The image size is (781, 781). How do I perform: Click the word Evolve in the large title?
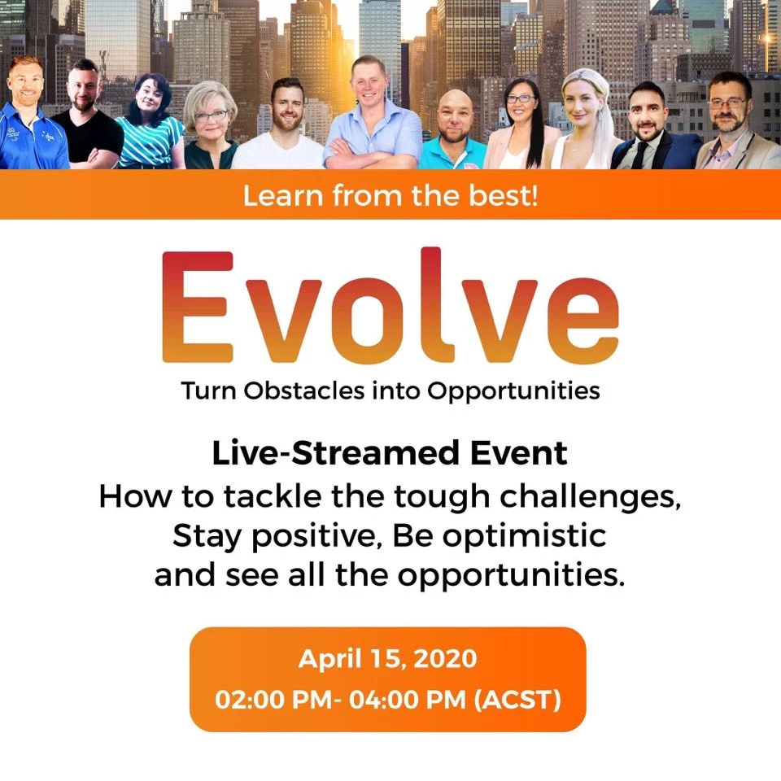[x=390, y=305]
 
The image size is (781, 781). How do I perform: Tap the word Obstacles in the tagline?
[x=303, y=390]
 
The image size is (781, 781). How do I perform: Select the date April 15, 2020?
[x=387, y=659]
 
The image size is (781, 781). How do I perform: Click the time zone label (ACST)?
[x=517, y=700]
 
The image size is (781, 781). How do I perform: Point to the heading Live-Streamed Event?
[x=390, y=453]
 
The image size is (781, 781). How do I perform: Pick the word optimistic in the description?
[x=525, y=536]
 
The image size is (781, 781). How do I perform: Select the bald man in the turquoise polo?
[x=454, y=130]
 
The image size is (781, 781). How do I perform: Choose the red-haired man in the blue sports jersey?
[x=30, y=115]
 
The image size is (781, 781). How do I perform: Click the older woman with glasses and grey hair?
[x=210, y=127]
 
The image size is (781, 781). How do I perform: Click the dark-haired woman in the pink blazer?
[x=521, y=125]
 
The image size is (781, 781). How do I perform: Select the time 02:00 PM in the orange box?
[x=274, y=700]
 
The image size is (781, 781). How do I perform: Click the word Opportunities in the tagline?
[x=513, y=391]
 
